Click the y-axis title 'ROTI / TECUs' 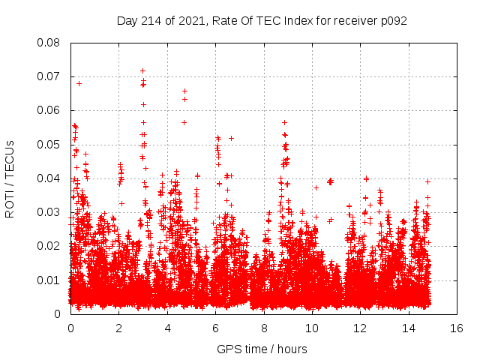click(x=10, y=178)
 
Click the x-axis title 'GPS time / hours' click(x=262, y=349)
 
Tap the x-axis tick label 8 click(x=264, y=328)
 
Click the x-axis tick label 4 click(x=167, y=328)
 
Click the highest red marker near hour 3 click(x=142, y=70)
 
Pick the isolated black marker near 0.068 click(x=79, y=83)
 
